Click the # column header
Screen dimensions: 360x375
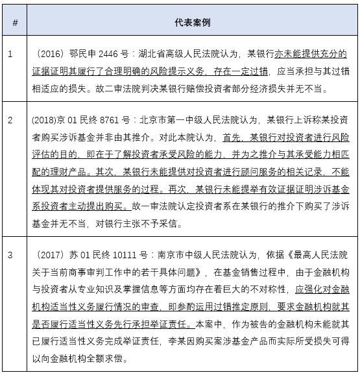(14, 23)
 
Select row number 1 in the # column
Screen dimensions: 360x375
(10, 53)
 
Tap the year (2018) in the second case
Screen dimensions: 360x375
(43, 120)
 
